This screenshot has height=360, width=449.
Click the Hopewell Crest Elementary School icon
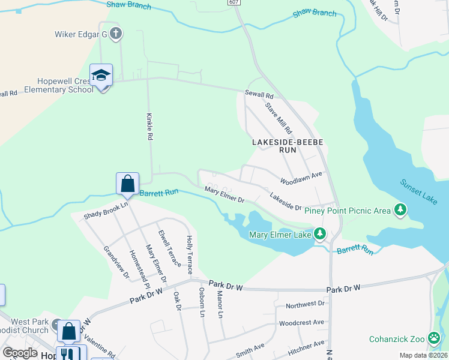(x=101, y=76)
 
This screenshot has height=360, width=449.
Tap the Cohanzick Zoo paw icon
(x=435, y=339)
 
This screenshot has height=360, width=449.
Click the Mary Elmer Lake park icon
(x=320, y=234)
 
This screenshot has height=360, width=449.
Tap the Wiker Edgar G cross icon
(x=116, y=34)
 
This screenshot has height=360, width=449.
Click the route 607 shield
(x=235, y=3)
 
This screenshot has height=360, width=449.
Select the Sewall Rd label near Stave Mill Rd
(x=259, y=95)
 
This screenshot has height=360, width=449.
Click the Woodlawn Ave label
(x=301, y=178)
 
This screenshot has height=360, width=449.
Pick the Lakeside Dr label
(x=285, y=201)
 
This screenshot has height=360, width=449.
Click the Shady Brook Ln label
(x=106, y=209)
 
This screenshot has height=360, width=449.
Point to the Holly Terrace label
(x=190, y=254)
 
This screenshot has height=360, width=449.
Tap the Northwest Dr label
(x=304, y=305)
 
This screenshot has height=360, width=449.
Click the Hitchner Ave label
(x=306, y=346)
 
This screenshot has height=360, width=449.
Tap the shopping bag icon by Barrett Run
(x=127, y=183)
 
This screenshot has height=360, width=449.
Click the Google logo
(x=20, y=353)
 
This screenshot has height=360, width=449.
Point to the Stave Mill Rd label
(x=279, y=118)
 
